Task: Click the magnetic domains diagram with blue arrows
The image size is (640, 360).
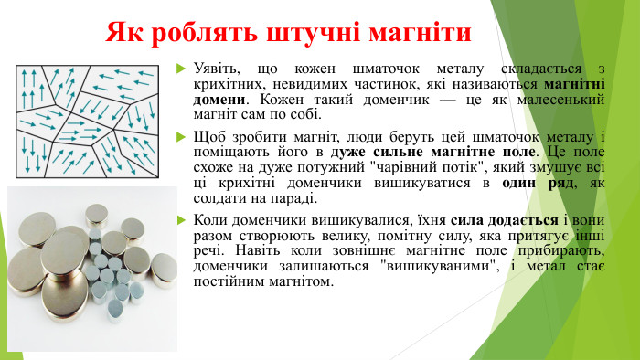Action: point(88,121)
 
